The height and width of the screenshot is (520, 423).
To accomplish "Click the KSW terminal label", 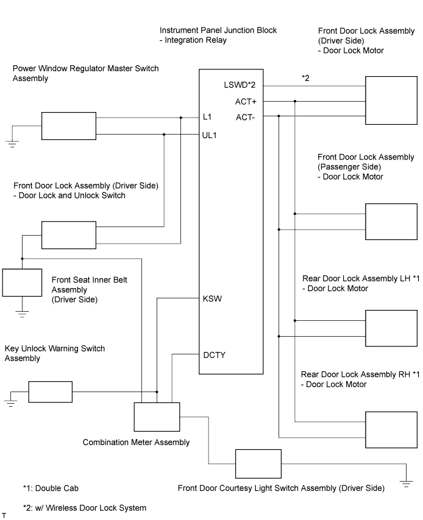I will pyautogui.click(x=212, y=299).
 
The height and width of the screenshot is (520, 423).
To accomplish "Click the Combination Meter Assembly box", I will pyautogui.click(x=157, y=417).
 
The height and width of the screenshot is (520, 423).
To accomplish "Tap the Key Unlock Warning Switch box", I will pyautogui.click(x=50, y=392).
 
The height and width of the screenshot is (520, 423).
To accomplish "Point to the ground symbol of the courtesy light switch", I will pyautogui.click(x=405, y=483).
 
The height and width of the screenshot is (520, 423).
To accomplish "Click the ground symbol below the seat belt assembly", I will pyautogui.click(x=22, y=314).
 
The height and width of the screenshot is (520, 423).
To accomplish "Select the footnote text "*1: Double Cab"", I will pyautogui.click(x=51, y=488).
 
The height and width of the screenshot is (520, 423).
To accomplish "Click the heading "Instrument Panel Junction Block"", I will pyautogui.click(x=218, y=30).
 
